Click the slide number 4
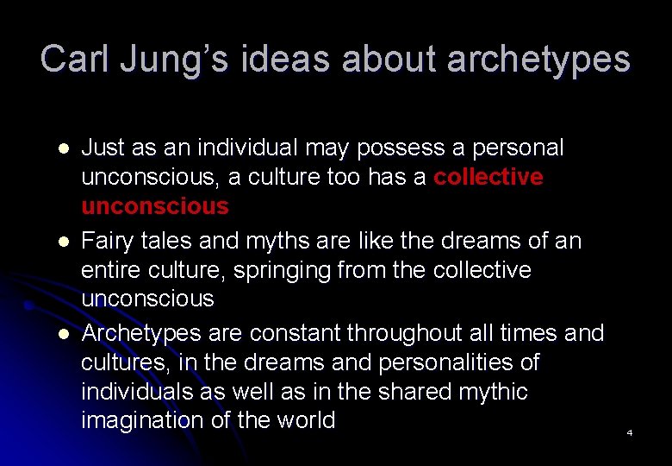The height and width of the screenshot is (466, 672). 630,432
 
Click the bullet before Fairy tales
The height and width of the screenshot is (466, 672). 59,242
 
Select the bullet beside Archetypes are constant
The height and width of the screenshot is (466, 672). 59,333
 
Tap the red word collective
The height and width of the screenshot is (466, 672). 488,177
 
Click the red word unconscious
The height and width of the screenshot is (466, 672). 155,206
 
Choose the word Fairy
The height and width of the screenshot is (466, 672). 108,241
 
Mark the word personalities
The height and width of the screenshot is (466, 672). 446,362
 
